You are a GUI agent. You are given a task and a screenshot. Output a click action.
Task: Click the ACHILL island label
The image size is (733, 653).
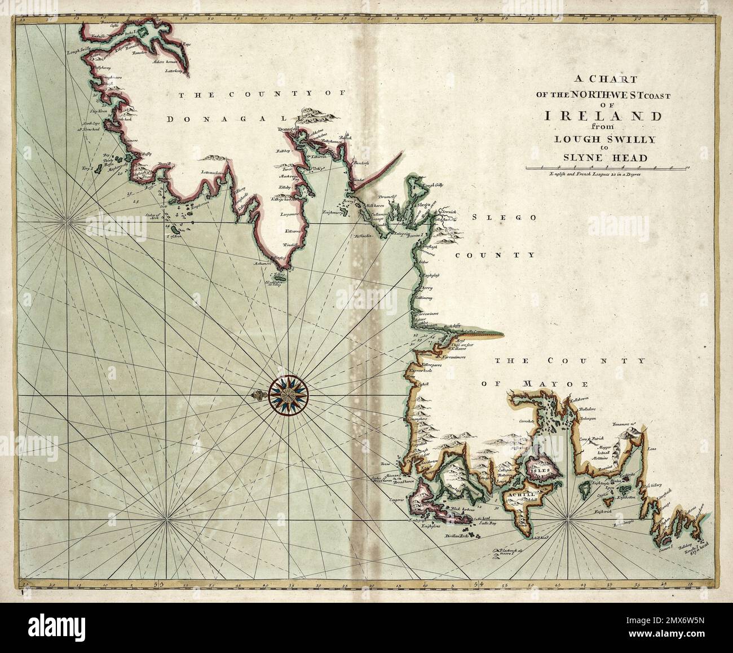click(x=520, y=494)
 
